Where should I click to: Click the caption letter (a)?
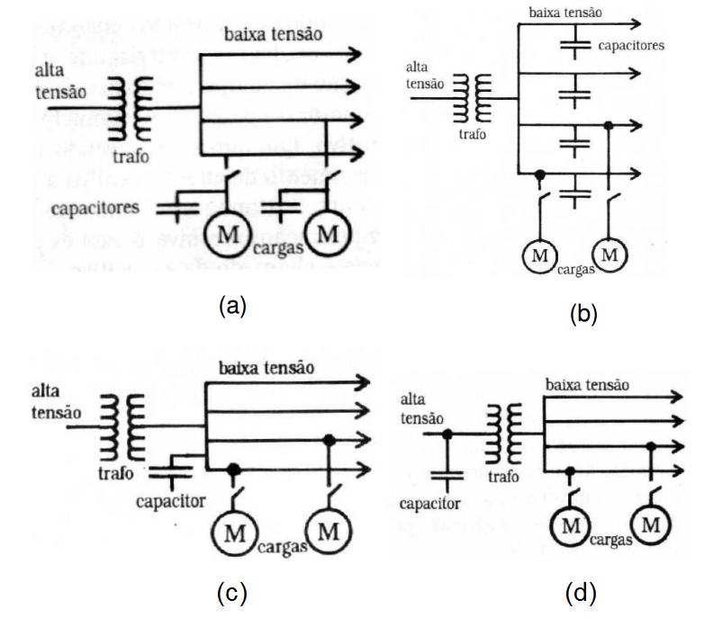click(232, 305)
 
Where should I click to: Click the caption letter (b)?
click(583, 314)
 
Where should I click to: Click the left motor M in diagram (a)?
click(229, 234)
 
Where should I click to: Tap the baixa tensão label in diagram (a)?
click(271, 36)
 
